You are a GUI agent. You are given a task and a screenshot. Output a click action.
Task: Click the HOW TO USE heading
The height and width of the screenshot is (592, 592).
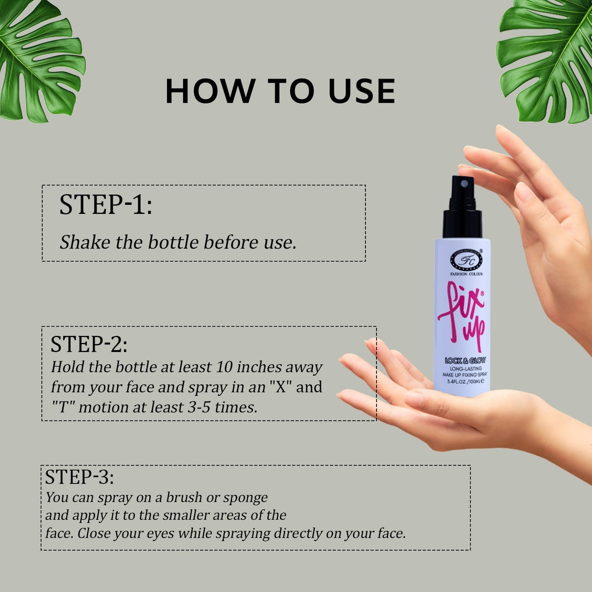pos(280,91)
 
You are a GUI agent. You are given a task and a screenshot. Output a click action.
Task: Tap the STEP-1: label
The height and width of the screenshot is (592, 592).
pos(106,204)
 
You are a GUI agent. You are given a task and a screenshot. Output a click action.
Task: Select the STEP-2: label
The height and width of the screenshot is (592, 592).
pos(89,344)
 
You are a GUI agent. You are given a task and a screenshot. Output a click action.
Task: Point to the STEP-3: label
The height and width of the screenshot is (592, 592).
pos(79,477)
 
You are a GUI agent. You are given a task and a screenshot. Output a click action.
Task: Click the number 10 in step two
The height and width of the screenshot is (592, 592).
pos(224,367)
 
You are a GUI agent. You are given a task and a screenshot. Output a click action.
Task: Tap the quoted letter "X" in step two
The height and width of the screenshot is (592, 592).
pos(280,387)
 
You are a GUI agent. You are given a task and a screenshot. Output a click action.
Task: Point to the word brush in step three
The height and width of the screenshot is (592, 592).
pos(184,497)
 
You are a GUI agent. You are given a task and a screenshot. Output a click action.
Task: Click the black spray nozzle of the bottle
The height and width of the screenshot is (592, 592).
pos(463,205)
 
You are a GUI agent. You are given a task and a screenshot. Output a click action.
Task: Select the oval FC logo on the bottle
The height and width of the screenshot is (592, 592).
pos(466,259)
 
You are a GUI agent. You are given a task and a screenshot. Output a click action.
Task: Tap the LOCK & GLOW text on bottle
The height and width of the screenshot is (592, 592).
pos(465,361)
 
